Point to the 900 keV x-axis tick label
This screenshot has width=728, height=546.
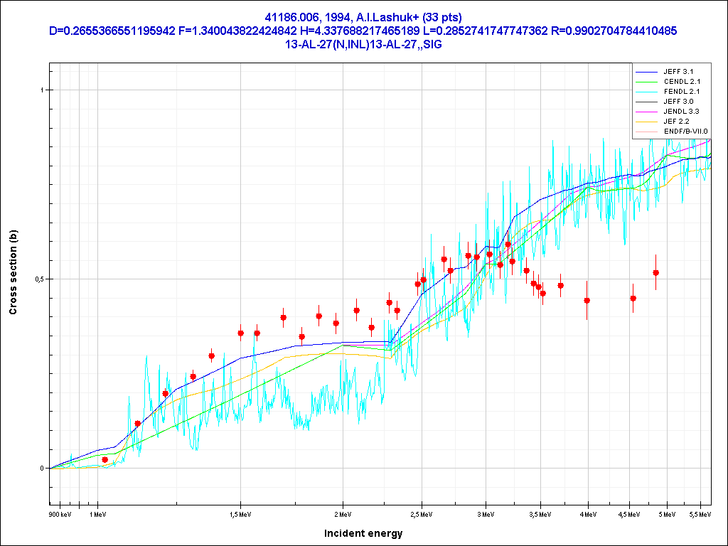coord(60,513)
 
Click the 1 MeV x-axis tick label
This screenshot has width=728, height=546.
coord(97,513)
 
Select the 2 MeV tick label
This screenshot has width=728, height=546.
coord(343,513)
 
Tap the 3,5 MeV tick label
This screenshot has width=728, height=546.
coord(540,513)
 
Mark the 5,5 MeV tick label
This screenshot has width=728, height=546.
coord(700,513)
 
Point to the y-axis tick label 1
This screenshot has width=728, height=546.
coord(42,90)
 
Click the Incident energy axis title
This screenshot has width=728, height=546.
coord(363,533)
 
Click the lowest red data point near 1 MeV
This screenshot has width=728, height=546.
coord(105,460)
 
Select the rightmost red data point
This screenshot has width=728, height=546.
coord(655,272)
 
